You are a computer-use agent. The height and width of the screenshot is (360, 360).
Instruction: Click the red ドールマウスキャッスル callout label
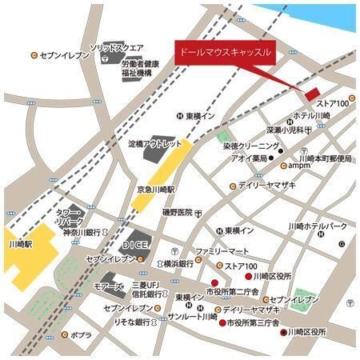tap(223, 50)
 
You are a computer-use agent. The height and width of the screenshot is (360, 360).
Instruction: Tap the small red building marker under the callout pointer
tap(312, 93)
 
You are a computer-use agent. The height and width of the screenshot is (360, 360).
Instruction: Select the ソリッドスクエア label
tap(117, 48)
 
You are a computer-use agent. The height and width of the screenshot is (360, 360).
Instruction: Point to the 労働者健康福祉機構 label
tap(141, 68)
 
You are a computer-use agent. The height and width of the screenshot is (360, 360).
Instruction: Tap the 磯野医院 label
tap(178, 212)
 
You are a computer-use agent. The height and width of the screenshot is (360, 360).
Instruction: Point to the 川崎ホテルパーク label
tap(320, 226)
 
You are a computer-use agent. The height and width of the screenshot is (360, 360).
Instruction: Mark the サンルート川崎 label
tap(190, 318)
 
